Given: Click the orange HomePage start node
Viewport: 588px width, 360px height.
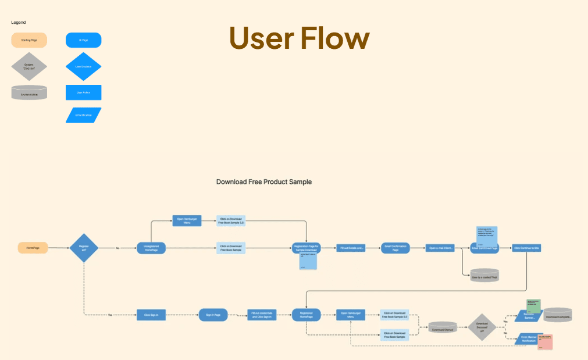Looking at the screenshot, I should click(33, 248).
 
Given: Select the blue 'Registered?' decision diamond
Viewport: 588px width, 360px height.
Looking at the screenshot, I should click(84, 248).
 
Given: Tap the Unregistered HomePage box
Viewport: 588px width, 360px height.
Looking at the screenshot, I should click(151, 248).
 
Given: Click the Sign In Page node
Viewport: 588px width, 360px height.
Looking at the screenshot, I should click(213, 315).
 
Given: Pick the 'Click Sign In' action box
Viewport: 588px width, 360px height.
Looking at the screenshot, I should click(151, 315).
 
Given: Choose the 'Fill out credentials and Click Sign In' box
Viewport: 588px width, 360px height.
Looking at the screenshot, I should click(261, 315).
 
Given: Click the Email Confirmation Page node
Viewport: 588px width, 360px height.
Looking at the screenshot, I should click(395, 248).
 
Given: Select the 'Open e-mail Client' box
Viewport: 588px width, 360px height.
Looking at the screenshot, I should click(440, 248).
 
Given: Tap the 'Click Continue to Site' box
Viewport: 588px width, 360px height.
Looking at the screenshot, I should click(527, 248).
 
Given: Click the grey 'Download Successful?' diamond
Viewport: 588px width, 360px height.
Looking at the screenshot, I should click(482, 327).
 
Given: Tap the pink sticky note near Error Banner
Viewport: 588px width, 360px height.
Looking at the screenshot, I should click(545, 341).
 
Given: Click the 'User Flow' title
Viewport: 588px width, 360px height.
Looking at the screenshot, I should click(299, 38).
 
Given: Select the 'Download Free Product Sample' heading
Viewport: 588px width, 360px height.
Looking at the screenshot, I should click(264, 182).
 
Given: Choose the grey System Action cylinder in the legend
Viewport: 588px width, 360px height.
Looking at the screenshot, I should click(29, 92).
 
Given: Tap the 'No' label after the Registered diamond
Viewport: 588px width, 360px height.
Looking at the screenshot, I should click(117, 248).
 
